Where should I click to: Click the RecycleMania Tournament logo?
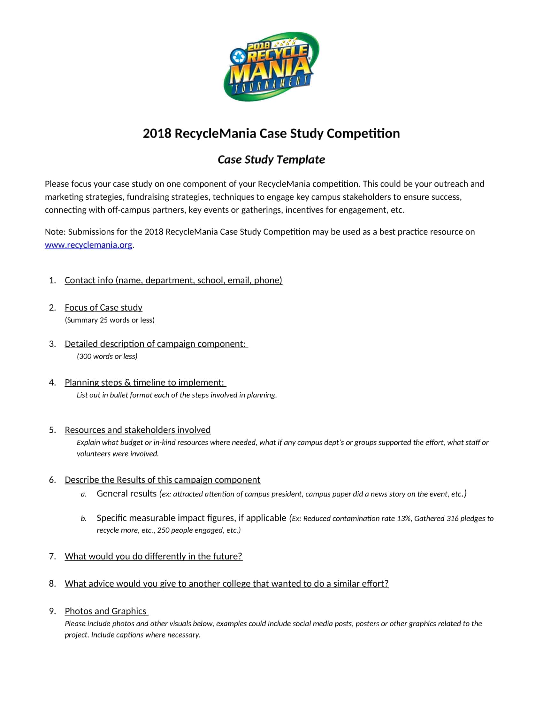click(x=271, y=66)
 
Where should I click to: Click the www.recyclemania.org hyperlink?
click(x=88, y=245)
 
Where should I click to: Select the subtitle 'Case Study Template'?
click(x=271, y=159)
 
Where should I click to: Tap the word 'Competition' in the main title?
click(x=363, y=133)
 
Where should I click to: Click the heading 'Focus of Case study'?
click(x=103, y=307)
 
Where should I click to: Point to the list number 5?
click(x=52, y=430)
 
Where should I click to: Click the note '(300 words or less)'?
click(x=107, y=356)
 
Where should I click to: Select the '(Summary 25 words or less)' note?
click(x=109, y=320)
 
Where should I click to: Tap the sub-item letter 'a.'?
click(x=84, y=494)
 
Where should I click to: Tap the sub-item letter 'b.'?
click(x=84, y=519)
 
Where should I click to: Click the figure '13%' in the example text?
click(x=404, y=519)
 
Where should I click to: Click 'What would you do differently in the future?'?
click(x=153, y=556)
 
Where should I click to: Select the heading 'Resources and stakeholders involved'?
click(x=138, y=430)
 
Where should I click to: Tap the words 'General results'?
click(x=126, y=494)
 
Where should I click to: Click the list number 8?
click(x=52, y=583)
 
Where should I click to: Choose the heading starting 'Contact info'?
click(x=173, y=280)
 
